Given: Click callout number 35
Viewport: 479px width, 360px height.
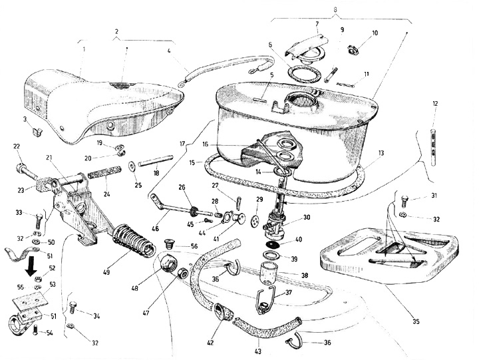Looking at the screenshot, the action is point(416,322).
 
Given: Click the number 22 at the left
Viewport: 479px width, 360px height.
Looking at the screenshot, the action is point(17,146).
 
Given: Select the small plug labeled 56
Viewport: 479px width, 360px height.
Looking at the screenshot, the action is point(168,244).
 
